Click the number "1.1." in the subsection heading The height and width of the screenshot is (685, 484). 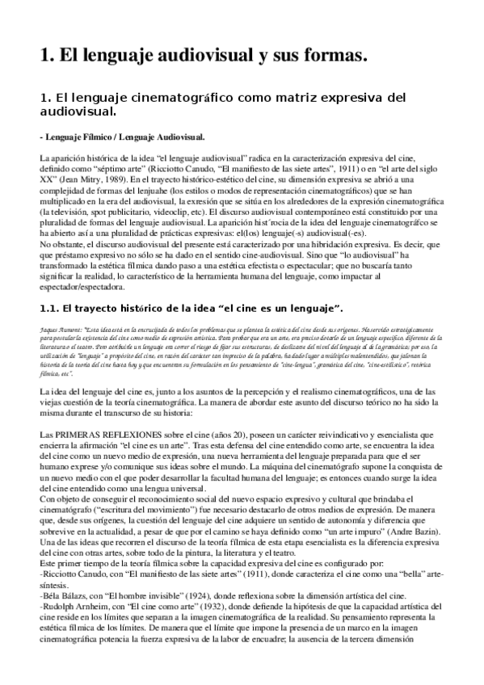49,308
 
